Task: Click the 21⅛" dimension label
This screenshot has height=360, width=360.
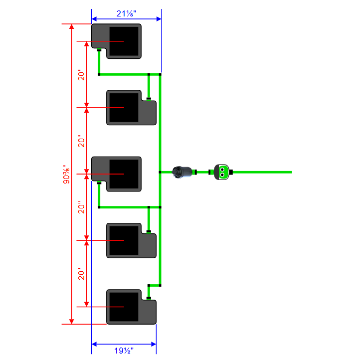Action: point(126,13)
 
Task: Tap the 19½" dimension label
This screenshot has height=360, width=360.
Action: point(124,351)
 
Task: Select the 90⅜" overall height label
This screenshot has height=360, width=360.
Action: point(66,174)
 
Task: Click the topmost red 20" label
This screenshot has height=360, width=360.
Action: point(81,74)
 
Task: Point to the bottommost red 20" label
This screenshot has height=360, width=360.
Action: point(81,274)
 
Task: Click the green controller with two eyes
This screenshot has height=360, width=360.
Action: point(221,172)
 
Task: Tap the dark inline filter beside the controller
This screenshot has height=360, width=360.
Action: point(182,172)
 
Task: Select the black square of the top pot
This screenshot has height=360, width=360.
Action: point(124,41)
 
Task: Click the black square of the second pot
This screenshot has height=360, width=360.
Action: point(124,108)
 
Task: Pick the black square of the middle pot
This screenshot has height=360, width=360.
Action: point(124,174)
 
